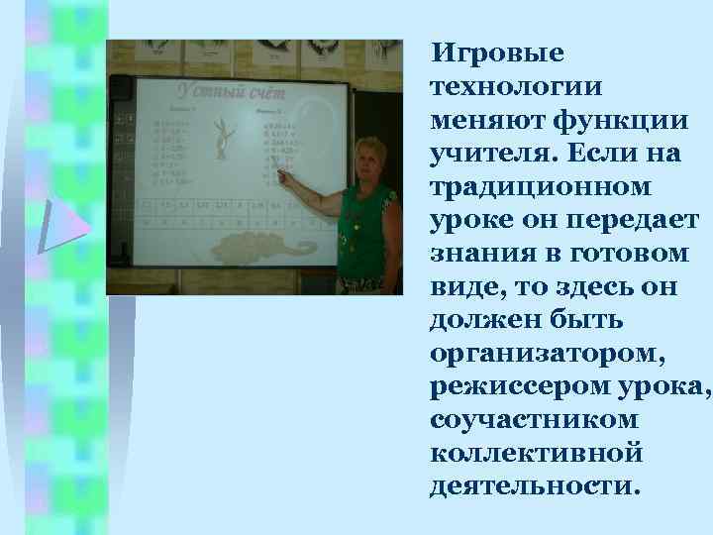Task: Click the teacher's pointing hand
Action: pyautogui.click(x=284, y=176)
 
